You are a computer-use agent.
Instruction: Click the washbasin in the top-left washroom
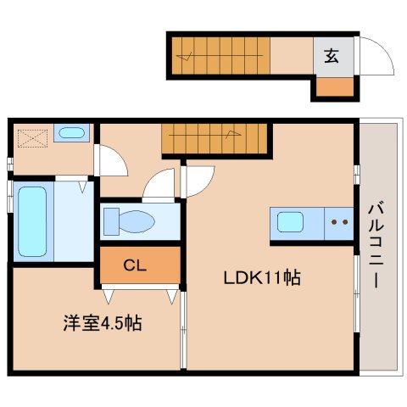[71, 133]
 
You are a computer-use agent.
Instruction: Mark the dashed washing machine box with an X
[31, 137]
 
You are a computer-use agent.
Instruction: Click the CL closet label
[136, 265]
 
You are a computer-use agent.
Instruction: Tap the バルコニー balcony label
[374, 245]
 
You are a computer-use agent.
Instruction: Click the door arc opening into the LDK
[198, 180]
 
